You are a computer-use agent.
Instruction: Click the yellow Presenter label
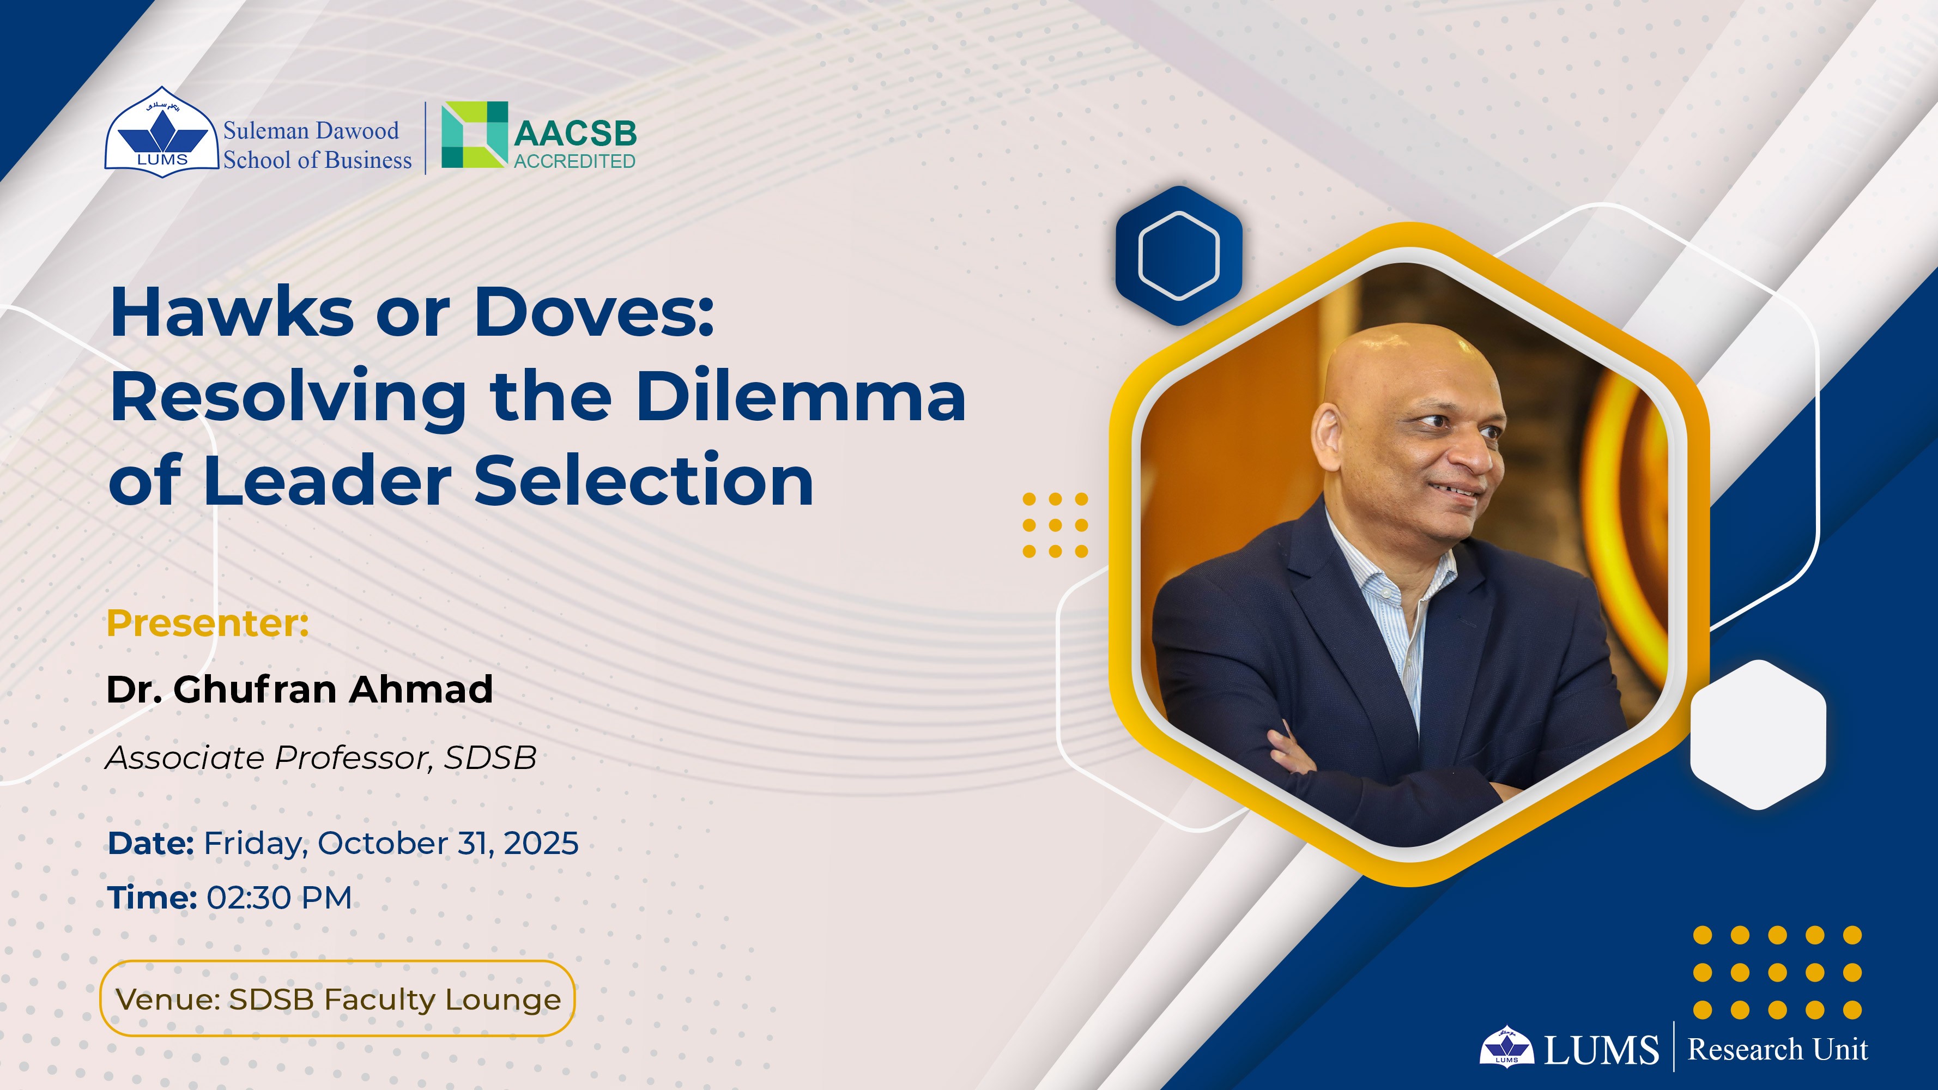point(208,623)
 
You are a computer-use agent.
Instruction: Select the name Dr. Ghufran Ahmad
point(299,689)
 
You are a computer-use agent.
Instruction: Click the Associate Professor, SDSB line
point(321,758)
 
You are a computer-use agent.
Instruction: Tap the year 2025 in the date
point(541,843)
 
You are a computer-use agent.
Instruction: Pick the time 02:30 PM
point(279,898)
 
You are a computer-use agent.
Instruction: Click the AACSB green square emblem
point(474,135)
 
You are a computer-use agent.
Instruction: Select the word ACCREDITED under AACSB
point(575,161)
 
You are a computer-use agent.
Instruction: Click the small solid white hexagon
point(1758,735)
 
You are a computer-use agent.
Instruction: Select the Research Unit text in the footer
point(1778,1049)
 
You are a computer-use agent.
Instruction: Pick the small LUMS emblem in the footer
point(1506,1046)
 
